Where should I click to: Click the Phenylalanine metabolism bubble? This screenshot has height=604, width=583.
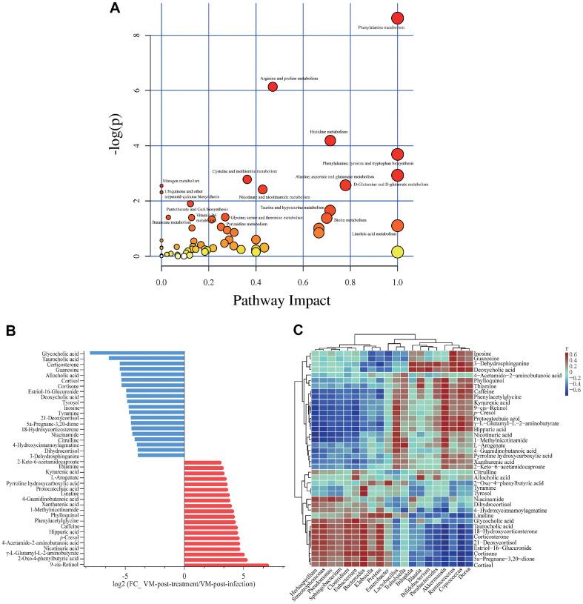397,18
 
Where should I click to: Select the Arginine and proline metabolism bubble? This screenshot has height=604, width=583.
273,87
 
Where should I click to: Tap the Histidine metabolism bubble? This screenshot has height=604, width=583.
330,140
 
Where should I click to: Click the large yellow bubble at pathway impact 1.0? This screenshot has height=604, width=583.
397,252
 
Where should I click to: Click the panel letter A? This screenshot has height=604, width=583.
114,8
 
